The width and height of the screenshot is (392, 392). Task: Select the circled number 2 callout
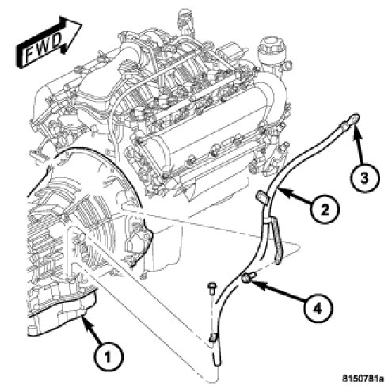coord(325,210)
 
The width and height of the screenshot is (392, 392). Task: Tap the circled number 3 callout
coord(364,179)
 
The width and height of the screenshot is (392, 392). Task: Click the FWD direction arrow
coord(49,42)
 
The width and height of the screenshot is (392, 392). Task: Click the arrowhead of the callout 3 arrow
coord(356,131)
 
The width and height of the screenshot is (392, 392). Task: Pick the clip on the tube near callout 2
coord(261,198)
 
